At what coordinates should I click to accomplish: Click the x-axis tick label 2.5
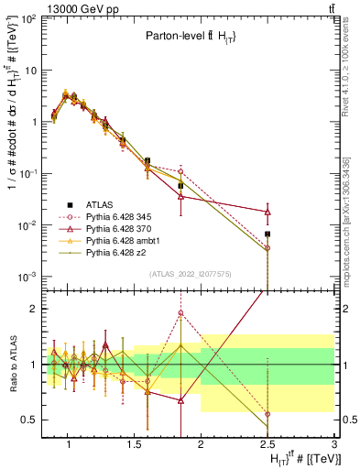pyautogui.click(x=267, y=443)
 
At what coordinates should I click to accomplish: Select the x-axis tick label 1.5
pyautogui.click(x=133, y=443)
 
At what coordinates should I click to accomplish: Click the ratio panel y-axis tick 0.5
pyautogui.click(x=34, y=420)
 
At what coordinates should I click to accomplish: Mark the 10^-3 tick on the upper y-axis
pyautogui.click(x=30, y=277)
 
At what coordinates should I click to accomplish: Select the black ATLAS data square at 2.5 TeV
pyautogui.click(x=267, y=234)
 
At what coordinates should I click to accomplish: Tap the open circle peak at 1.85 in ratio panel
pyautogui.click(x=180, y=313)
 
